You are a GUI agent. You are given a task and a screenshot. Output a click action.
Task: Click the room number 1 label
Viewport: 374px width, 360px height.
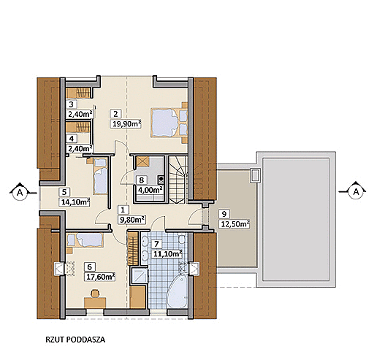123,210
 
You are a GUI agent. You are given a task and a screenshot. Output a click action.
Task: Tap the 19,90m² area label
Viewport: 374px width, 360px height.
126,124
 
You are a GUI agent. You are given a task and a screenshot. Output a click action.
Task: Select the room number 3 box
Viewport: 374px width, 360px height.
72,104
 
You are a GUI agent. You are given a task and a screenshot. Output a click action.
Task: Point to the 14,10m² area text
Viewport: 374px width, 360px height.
75,202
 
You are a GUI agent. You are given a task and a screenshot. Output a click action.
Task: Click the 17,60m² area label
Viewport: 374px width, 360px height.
99,277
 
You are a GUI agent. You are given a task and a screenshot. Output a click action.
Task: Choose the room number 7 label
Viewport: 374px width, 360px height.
156,244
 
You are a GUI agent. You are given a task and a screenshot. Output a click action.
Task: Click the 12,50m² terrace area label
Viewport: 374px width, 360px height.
234,223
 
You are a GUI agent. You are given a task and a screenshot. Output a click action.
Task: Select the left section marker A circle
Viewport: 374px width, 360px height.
20,193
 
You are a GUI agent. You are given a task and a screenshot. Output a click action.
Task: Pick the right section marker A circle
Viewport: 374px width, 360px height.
356,192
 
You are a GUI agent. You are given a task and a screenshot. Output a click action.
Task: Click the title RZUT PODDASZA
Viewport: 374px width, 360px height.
75,340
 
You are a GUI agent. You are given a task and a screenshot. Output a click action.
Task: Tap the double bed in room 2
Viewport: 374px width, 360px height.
169,123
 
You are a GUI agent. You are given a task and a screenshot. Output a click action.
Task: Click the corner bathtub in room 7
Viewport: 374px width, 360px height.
178,292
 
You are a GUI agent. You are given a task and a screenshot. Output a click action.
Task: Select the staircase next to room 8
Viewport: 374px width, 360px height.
178,180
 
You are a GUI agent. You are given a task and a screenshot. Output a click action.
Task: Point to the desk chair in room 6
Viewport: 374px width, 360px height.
95,294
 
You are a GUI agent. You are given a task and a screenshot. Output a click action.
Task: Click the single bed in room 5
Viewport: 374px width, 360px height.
100,176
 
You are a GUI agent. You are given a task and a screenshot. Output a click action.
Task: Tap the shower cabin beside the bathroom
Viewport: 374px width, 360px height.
140,276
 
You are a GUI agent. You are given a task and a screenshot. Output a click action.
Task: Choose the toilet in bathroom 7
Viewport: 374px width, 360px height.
181,239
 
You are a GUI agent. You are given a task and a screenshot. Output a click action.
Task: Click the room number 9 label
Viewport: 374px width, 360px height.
224,214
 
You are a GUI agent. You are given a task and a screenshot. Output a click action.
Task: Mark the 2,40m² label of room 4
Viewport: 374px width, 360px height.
80,148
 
